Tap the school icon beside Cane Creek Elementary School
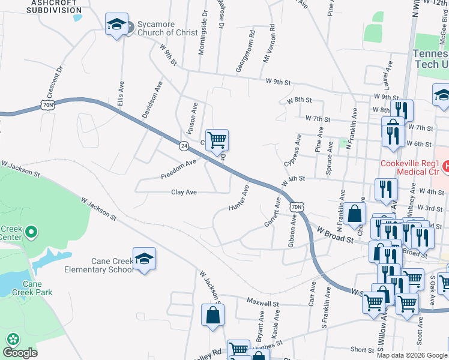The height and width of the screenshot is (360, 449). [144, 259]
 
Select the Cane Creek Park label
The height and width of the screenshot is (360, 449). [37, 288]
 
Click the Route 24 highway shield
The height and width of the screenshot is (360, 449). [184, 145]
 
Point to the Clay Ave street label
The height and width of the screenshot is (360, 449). [184, 192]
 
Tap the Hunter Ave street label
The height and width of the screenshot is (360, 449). [239, 198]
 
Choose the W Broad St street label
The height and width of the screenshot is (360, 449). [334, 235]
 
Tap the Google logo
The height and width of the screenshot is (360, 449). [20, 352]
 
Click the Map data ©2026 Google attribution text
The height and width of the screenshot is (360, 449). [411, 355]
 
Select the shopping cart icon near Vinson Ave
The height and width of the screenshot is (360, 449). [217, 140]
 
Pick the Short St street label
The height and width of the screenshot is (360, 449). [362, 350]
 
